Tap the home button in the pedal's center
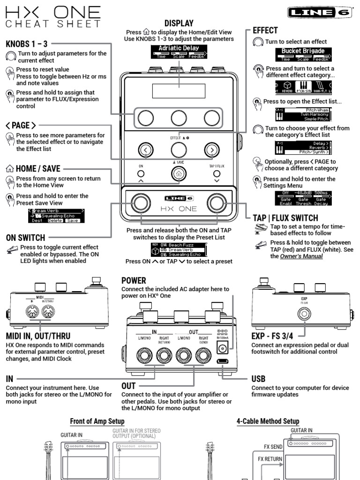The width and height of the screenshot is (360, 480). click(177, 173)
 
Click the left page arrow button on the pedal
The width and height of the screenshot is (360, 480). click(146, 150)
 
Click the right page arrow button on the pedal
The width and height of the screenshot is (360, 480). click(212, 150)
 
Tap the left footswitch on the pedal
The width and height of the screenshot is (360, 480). click(139, 202)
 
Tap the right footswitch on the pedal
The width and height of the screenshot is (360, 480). click(216, 202)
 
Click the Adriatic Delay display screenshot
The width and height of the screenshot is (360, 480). click(179, 52)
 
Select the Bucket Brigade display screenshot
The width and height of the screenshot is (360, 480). click(303, 54)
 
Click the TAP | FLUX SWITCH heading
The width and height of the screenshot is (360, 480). click(285, 218)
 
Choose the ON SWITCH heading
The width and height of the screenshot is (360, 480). click(25, 237)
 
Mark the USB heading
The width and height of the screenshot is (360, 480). click(258, 378)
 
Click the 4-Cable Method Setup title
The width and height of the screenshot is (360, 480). click(268, 421)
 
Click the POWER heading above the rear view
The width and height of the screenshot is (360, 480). click(134, 280)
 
